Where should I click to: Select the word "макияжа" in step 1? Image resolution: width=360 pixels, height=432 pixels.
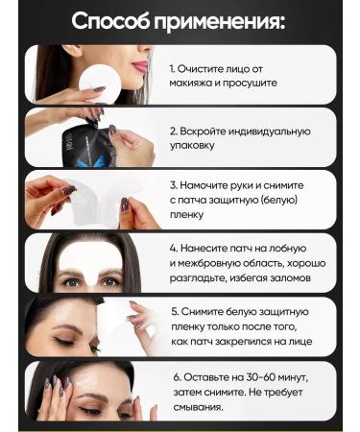point(196,84)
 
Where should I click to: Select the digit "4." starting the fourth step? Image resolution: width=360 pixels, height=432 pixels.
point(176,246)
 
